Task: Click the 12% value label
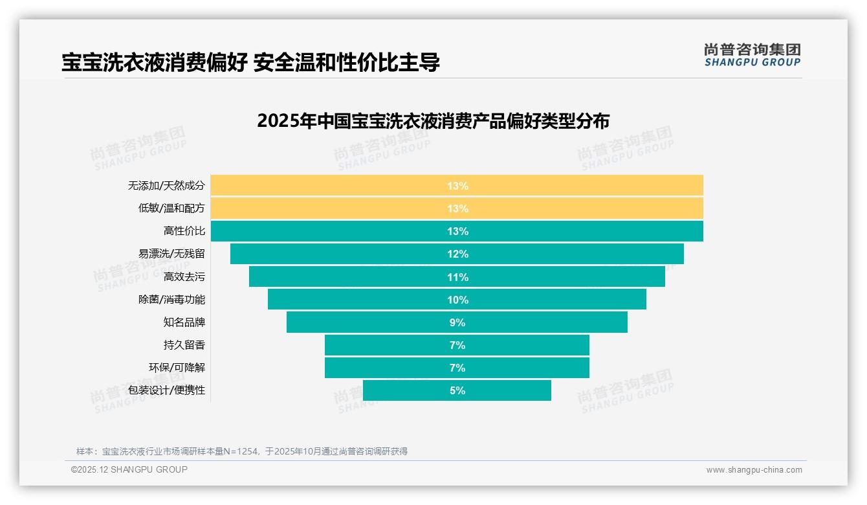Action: coord(457,254)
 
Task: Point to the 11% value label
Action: coord(457,277)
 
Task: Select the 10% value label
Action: coord(457,300)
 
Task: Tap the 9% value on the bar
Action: coord(457,322)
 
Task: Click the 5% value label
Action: coord(457,390)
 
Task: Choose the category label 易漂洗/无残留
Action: coord(171,254)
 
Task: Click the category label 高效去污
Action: coord(184,276)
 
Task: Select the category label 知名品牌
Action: coord(184,322)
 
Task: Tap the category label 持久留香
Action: coord(184,344)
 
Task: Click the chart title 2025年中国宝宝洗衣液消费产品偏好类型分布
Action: coord(433,121)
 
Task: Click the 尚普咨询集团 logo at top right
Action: coord(752,55)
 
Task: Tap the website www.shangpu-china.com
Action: coord(754,470)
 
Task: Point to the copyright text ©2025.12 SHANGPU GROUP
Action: coord(129,469)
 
